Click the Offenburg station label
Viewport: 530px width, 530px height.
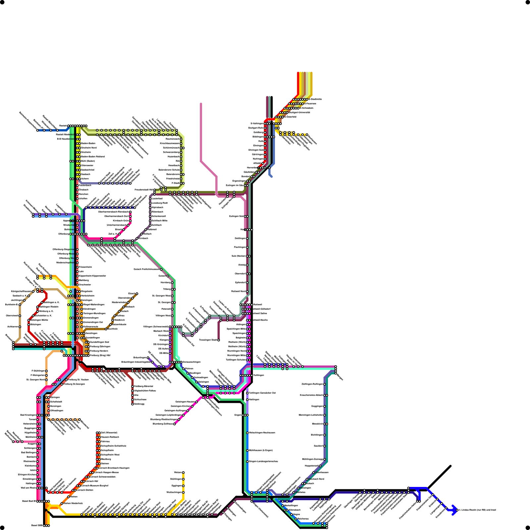click(x=64, y=234)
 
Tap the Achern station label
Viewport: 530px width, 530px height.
click(x=85, y=179)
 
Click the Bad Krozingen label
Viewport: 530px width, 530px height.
click(x=28, y=415)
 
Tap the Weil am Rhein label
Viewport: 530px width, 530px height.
click(x=28, y=488)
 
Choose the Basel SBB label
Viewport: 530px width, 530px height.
click(x=37, y=525)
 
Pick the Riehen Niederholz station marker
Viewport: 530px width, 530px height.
click(x=62, y=503)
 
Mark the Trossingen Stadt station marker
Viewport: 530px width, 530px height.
click(x=219, y=340)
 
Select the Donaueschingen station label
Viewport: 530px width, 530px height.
click(x=191, y=362)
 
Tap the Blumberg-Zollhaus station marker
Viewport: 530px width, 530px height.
click(x=175, y=424)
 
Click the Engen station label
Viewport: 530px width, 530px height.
click(x=238, y=415)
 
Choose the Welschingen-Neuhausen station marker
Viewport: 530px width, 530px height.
click(x=247, y=433)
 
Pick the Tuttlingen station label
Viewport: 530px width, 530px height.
click(x=258, y=375)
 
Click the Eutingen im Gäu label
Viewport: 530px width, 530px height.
click(x=235, y=185)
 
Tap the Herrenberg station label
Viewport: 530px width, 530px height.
click(x=254, y=168)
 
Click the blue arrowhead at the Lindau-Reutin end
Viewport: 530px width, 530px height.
click(x=454, y=510)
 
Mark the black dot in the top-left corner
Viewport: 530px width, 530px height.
click(x=2, y=2)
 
